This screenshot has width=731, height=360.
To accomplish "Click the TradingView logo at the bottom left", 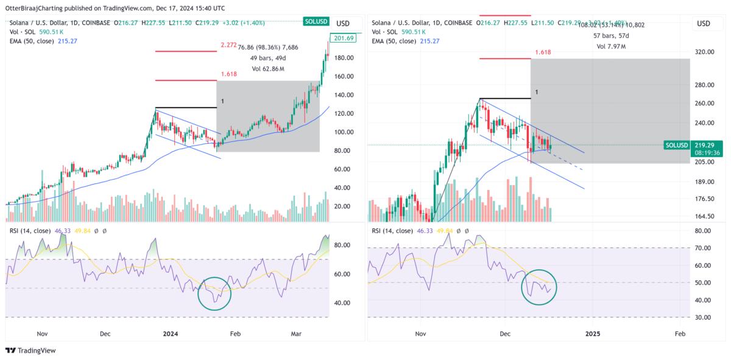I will click(30, 350).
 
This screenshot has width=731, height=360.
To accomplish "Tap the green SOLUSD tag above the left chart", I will click(317, 22).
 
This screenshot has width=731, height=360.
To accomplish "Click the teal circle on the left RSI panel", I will click(214, 293).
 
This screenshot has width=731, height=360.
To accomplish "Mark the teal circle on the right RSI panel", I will click(539, 287).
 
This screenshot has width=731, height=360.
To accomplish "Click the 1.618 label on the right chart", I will click(543, 52).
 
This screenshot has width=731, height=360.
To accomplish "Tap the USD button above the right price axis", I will click(703, 24).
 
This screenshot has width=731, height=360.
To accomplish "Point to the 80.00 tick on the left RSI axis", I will click(343, 245).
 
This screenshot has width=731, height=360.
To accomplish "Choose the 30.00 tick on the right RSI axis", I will click(703, 317).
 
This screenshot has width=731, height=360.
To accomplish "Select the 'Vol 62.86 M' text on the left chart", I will click(268, 69).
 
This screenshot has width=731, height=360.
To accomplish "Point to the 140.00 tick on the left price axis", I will click(343, 95).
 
